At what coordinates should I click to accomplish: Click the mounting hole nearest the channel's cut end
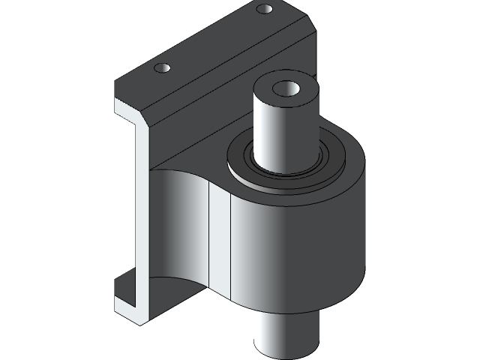(163, 68)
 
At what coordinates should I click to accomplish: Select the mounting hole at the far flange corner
(264, 10)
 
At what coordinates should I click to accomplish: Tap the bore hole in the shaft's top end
(285, 89)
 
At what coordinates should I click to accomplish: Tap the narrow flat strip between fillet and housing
(218, 240)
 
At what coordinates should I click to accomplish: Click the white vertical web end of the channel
(127, 210)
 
